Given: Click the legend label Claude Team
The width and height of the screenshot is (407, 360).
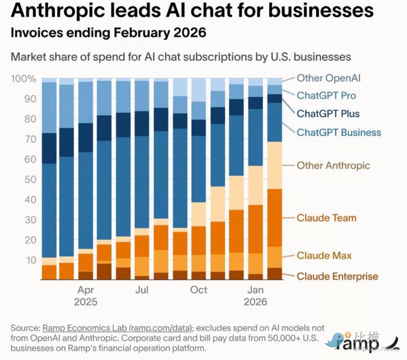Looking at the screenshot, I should coord(326,218).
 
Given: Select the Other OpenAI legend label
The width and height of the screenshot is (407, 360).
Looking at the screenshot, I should coord(328,78).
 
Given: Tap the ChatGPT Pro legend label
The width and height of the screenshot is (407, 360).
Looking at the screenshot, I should coord(326,96).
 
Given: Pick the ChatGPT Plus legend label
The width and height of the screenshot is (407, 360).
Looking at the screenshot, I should coord(328,114).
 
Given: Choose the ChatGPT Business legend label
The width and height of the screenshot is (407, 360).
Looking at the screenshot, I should coord(339,132).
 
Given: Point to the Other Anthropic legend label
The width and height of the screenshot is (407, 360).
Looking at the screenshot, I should coord(333,165).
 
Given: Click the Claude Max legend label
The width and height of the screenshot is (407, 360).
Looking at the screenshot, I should coord(324,256).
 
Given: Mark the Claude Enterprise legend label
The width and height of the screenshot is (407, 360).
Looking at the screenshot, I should coord(337,276).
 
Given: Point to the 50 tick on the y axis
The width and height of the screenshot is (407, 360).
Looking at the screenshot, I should coord(31,179).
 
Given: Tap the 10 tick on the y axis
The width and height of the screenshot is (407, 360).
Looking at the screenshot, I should coord(31,260).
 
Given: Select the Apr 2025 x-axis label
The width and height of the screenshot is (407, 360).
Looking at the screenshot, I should coord(85,295).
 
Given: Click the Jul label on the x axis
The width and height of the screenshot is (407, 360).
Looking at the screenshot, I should coord(142,290).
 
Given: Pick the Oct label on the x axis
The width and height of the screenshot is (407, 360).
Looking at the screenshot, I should coord(198,290).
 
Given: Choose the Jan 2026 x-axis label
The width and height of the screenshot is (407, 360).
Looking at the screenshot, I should coord(255,295).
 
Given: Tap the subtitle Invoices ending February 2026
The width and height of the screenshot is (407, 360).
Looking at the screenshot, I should coord(108,33).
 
